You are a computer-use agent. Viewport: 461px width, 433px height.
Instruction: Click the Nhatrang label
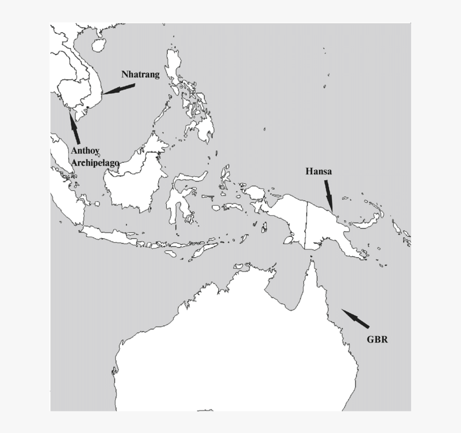click(140, 74)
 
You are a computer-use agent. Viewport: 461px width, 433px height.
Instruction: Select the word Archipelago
click(95, 162)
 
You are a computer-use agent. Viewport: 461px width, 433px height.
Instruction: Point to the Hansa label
click(318, 171)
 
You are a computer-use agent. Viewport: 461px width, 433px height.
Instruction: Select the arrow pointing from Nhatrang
click(119, 89)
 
